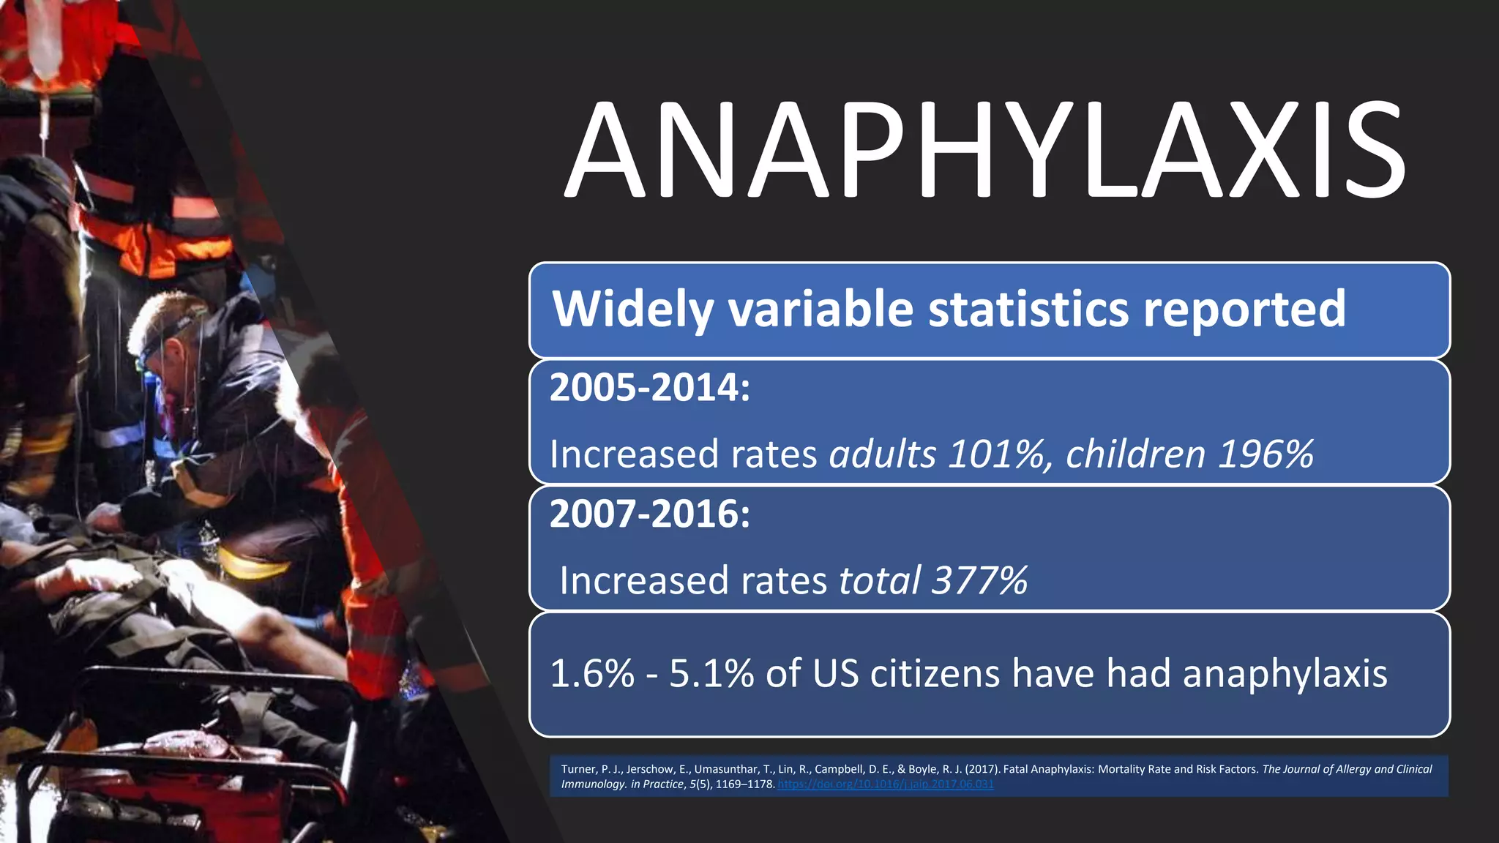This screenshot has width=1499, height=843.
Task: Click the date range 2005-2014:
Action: (650, 387)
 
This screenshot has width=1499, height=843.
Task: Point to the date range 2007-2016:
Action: (650, 514)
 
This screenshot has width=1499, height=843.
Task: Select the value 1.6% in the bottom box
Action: (592, 673)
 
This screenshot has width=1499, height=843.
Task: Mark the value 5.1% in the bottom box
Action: (711, 673)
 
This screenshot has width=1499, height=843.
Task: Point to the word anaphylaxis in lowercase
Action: (1285, 673)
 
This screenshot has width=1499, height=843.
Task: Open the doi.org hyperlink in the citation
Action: (885, 784)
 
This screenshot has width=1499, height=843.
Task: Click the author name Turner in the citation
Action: (578, 769)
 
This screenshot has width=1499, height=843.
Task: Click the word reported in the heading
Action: (1244, 309)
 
